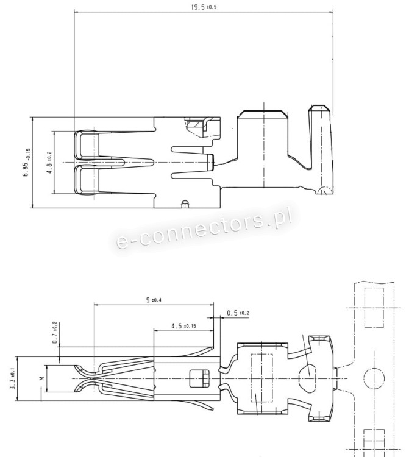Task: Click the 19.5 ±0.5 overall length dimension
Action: (204, 7)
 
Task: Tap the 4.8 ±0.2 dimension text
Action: (49, 163)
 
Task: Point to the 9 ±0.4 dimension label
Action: (154, 300)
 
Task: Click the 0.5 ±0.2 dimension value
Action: (238, 313)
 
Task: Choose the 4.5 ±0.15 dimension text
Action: (183, 325)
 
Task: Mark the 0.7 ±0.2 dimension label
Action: (55, 333)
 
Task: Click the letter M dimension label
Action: (42, 378)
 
